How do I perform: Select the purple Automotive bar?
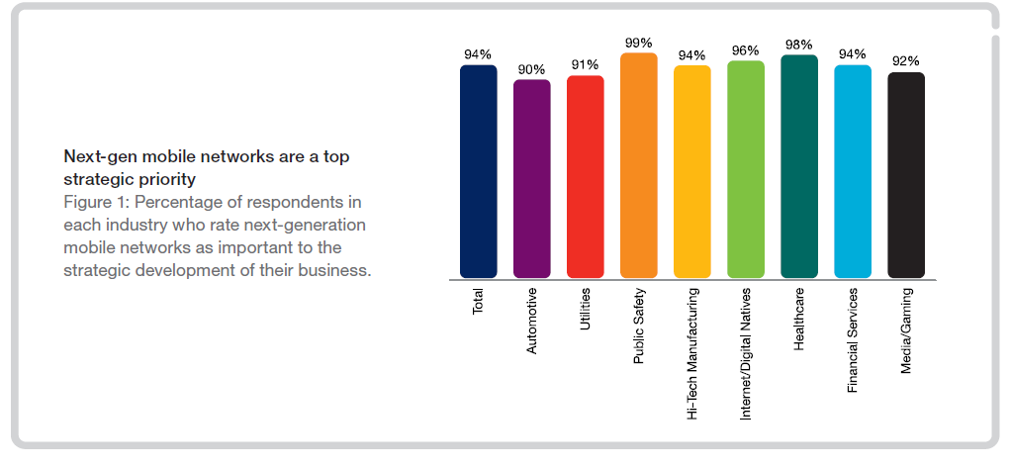pos(531,178)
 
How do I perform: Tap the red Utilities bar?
pos(585,176)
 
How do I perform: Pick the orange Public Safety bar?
pos(638,165)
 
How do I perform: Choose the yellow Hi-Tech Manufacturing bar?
pos(691,171)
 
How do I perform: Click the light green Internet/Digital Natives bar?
pos(745,169)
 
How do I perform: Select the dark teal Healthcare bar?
pos(798,166)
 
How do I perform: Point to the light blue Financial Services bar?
pos(852,171)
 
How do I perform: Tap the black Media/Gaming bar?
pos(905,174)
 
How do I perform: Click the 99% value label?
pos(638,43)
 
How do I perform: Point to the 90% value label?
pos(531,69)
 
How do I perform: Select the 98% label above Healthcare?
pos(798,45)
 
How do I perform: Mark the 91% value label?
pos(585,65)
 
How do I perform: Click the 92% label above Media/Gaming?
pos(905,61)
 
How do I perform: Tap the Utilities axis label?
pos(586,311)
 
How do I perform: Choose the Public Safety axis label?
pos(639,326)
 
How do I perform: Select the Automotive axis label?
pos(532,321)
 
